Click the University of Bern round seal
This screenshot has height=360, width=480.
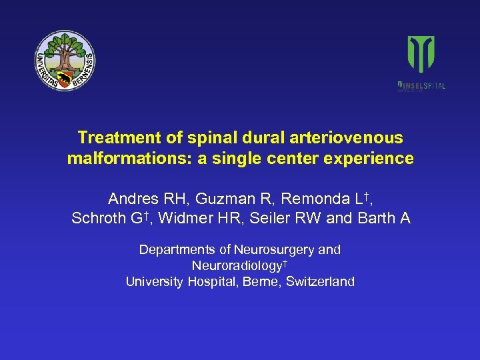tap(65, 61)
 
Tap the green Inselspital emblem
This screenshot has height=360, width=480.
tap(421, 55)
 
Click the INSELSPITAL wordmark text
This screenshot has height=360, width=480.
tap(424, 85)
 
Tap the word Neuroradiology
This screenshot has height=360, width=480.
tap(237, 266)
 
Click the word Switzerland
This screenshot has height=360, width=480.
tap(319, 282)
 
